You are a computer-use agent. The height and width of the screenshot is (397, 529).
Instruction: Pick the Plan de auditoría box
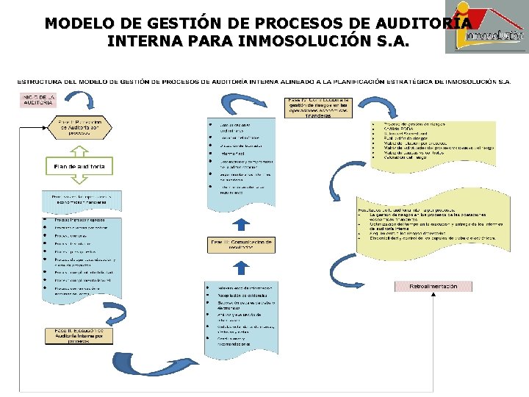click(x=79, y=168)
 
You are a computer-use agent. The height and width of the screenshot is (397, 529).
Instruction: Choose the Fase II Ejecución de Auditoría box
click(x=80, y=335)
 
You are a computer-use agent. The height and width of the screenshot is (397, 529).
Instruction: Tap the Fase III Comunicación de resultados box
click(x=241, y=244)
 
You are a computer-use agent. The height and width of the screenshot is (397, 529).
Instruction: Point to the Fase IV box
click(x=320, y=107)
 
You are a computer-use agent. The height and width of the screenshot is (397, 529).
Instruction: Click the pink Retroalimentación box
click(x=433, y=286)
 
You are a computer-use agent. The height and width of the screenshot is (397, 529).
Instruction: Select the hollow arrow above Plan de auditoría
click(x=79, y=149)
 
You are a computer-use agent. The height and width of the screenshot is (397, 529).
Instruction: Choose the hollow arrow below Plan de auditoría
click(x=79, y=185)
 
